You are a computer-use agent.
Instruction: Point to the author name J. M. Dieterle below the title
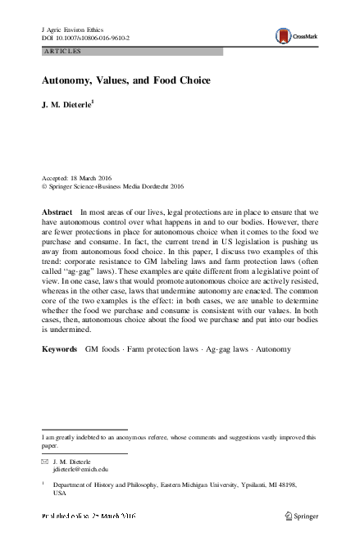pyautogui.click(x=71, y=105)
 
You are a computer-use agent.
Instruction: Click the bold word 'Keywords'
pyautogui.click(x=60, y=372)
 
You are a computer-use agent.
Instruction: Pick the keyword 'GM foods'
pyautogui.click(x=104, y=372)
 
